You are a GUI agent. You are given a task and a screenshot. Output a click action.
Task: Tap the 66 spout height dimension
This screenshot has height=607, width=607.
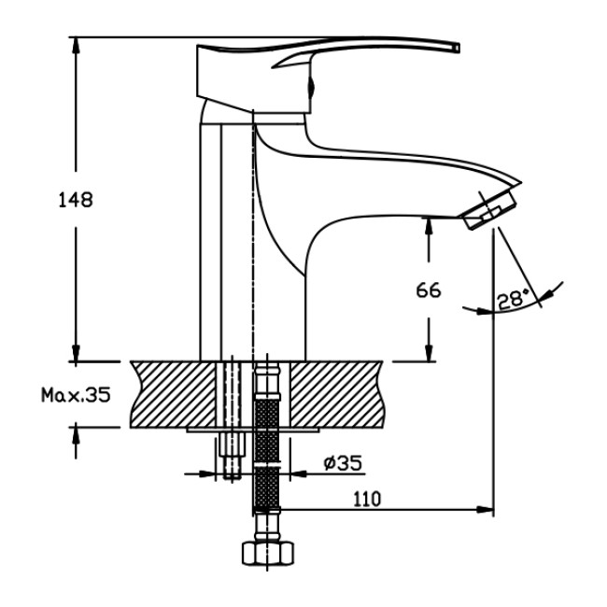tap(429, 289)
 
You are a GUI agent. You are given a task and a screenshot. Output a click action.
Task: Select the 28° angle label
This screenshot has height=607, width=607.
tap(512, 299)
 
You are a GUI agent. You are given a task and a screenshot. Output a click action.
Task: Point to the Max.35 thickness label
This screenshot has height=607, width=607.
tap(75, 395)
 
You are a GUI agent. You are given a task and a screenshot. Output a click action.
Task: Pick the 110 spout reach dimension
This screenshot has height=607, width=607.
tap(367, 500)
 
